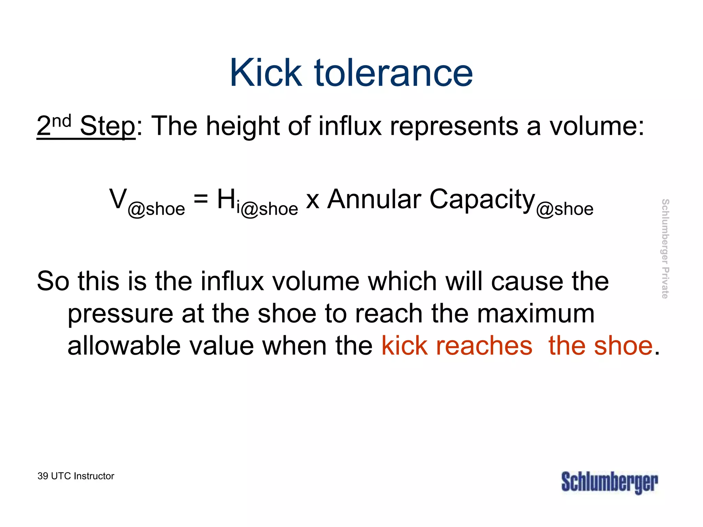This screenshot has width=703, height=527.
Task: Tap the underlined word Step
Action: [x=107, y=126]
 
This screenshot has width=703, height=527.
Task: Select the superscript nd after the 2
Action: [x=62, y=121]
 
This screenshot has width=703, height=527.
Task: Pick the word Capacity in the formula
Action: [x=482, y=200]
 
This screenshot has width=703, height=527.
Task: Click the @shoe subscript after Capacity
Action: [x=565, y=209]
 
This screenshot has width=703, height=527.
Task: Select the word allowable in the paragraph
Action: [x=124, y=346]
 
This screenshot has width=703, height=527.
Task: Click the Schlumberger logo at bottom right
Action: [x=610, y=482]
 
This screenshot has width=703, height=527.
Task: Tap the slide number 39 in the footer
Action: [x=43, y=476]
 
